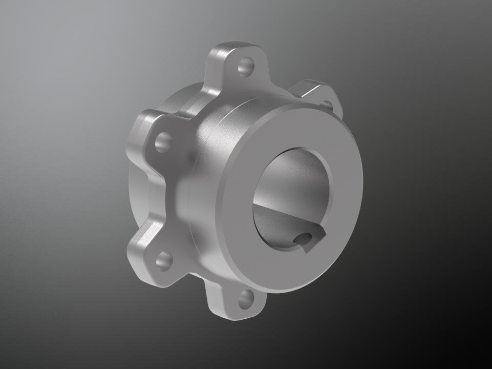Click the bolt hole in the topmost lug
[x=246, y=67]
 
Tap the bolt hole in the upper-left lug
[x=163, y=139]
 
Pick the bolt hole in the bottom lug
[x=247, y=297]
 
